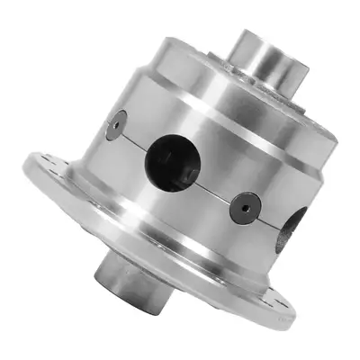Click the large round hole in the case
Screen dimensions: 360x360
[x=169, y=157]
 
